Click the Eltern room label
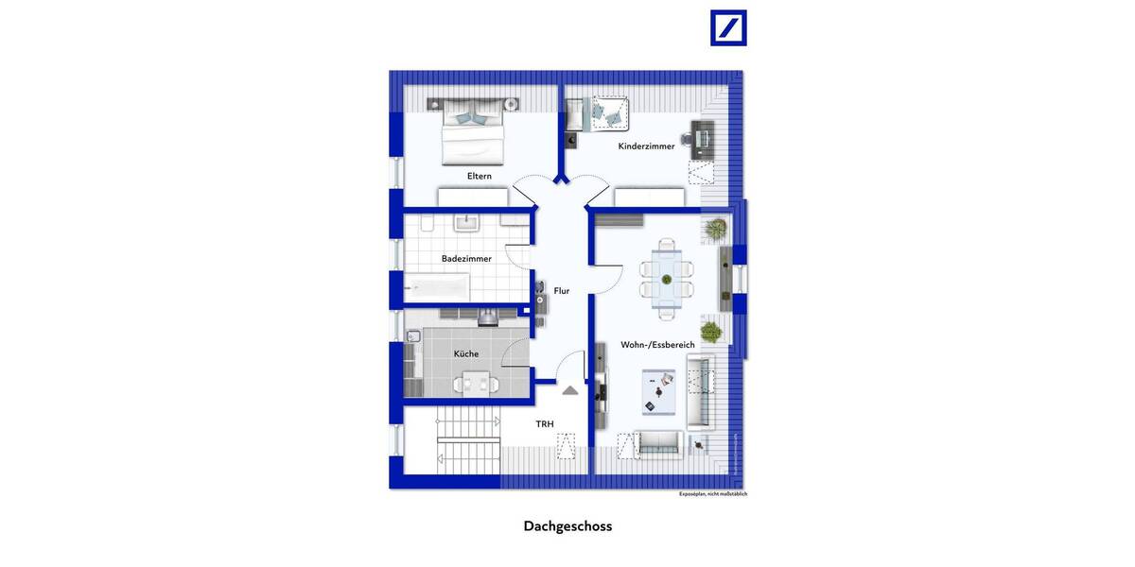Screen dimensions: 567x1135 [x=480, y=176]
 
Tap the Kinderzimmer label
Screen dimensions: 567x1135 [x=647, y=146]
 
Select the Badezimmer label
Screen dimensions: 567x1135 [x=466, y=259]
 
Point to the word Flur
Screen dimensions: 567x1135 [x=562, y=291]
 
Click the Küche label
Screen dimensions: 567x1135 [x=466, y=353]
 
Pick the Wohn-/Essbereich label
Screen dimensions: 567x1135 [x=657, y=345]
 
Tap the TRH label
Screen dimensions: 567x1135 [x=545, y=424]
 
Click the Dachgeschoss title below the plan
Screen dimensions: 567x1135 [x=567, y=526]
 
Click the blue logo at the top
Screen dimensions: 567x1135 [x=728, y=28]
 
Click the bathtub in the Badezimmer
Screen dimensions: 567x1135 [x=438, y=286]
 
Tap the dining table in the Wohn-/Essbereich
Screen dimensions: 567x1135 [x=667, y=279]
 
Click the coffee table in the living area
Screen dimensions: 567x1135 [x=658, y=391]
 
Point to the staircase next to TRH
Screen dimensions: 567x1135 [x=467, y=441]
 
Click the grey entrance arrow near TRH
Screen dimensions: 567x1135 [x=570, y=389]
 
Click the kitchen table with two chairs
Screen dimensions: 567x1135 [x=474, y=384]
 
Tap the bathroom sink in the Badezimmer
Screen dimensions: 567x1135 [x=467, y=222]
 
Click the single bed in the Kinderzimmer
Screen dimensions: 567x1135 [x=605, y=113]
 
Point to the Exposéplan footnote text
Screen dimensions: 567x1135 [x=713, y=494]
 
